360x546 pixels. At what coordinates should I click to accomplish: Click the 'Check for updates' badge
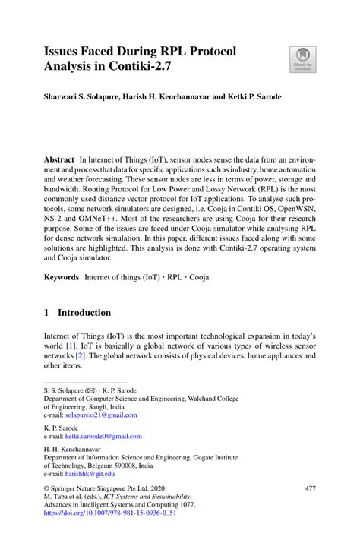click(x=302, y=59)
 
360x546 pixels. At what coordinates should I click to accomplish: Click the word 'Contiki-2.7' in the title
click(x=159, y=68)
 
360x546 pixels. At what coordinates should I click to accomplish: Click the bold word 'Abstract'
click(x=58, y=162)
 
